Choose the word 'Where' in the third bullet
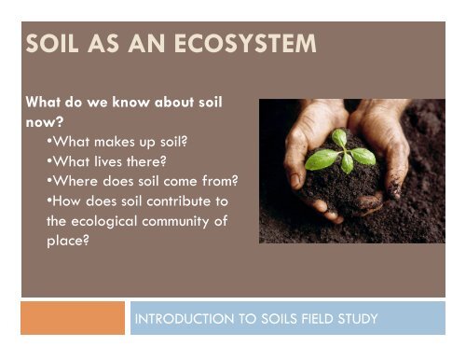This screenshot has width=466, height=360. click(x=71, y=179)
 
